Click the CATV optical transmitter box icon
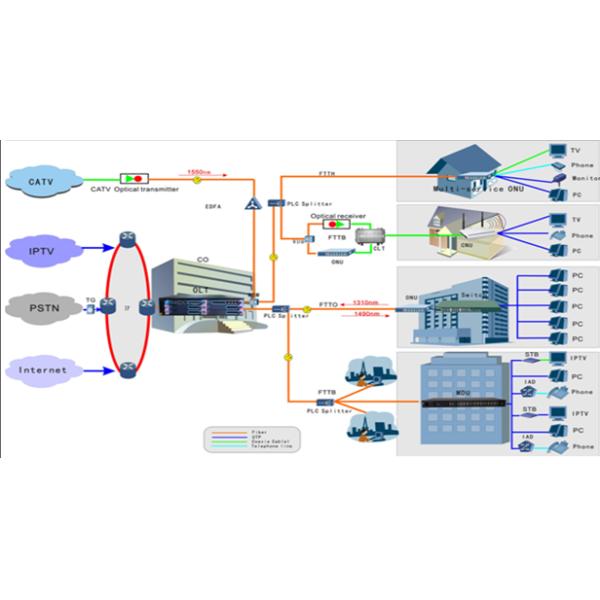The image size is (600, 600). coord(133,178)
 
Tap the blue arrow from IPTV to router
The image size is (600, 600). coord(96,246)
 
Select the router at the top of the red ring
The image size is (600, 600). coord(126,238)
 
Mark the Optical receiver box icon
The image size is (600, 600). coord(337,225)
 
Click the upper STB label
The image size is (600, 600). coord(532,355)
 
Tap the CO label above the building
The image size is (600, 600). coord(203,256)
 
